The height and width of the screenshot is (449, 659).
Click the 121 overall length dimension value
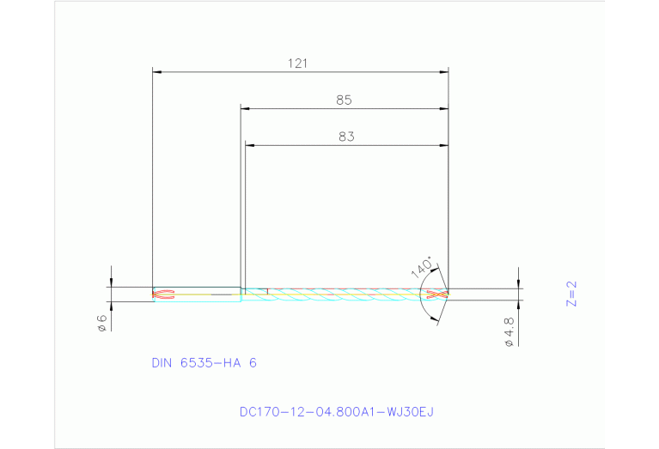[298, 63]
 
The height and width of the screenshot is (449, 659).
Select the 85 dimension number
[344, 100]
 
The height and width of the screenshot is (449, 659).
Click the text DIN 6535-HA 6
[204, 362]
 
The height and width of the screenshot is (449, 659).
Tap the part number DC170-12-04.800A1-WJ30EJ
[336, 411]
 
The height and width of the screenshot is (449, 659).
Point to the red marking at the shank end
[163, 294]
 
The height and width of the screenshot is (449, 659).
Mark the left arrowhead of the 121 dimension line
[156, 72]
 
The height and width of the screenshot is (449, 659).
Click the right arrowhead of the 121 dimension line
[444, 72]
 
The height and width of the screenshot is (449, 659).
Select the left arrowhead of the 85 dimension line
[245, 109]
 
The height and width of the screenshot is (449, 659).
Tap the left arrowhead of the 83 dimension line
[250, 145]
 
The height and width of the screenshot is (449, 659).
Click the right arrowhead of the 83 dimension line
[444, 145]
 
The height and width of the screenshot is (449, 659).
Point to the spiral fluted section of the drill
[344, 294]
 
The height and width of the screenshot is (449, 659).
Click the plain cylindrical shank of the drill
[206, 294]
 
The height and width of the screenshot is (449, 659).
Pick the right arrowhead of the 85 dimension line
[444, 109]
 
